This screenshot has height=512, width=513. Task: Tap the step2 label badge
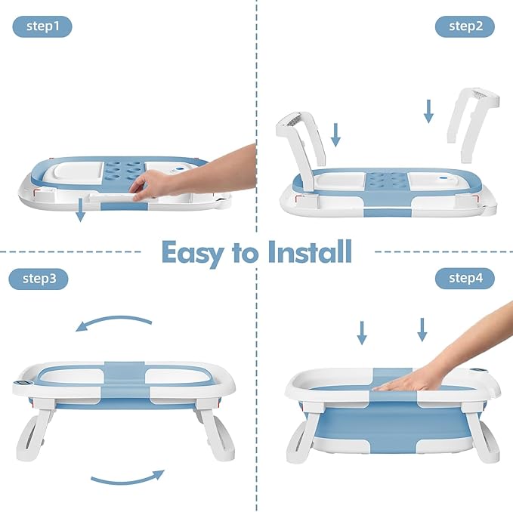pyautogui.click(x=465, y=26)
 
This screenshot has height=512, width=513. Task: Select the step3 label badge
pyautogui.click(x=39, y=279)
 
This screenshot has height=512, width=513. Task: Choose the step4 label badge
pyautogui.click(x=465, y=279)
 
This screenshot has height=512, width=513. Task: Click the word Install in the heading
pyautogui.click(x=310, y=251)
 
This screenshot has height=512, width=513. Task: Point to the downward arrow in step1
pyautogui.click(x=81, y=211)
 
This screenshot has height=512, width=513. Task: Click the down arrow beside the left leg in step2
pyautogui.click(x=336, y=134)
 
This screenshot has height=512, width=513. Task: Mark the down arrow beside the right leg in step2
pyautogui.click(x=428, y=110)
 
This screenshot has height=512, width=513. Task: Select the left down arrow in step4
pyautogui.click(x=362, y=332)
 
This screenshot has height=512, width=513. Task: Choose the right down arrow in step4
pyautogui.click(x=422, y=329)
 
